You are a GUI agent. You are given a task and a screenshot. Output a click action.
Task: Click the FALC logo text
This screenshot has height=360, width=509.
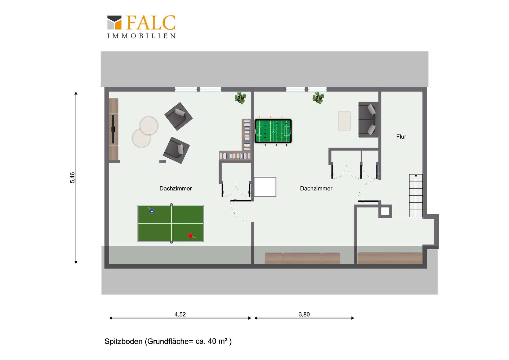(x=151, y=23)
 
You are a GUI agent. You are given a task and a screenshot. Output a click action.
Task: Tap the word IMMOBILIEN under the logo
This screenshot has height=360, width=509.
(x=142, y=36)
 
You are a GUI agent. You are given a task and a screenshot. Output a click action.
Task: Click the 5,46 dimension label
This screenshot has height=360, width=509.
(x=72, y=177)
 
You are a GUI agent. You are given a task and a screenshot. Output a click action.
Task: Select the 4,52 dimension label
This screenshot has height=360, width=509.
(x=180, y=314)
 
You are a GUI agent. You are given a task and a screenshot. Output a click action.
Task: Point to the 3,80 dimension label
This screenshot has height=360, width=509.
(x=304, y=314)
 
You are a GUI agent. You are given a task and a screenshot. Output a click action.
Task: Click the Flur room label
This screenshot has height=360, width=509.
(x=401, y=137)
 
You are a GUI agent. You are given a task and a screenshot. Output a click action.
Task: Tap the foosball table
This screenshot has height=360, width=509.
(x=273, y=131)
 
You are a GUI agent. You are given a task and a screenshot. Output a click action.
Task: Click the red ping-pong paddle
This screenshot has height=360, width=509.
(x=191, y=236)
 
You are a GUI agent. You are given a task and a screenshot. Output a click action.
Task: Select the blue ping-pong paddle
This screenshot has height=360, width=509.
(x=151, y=211)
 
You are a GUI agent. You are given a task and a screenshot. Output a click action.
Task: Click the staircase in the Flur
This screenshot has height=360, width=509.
(x=416, y=196)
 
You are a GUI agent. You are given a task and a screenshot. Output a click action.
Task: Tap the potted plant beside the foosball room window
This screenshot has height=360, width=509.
(x=318, y=98)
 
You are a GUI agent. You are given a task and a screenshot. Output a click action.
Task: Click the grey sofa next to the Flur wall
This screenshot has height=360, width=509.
(x=368, y=119)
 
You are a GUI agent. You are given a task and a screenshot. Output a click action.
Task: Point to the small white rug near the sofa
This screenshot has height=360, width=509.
(x=344, y=121)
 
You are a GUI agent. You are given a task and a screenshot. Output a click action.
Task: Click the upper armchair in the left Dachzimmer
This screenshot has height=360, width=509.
(x=178, y=116)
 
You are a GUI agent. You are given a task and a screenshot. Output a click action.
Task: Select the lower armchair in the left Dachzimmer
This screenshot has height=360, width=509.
(x=176, y=150)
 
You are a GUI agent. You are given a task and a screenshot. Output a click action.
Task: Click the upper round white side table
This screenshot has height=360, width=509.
(x=149, y=125)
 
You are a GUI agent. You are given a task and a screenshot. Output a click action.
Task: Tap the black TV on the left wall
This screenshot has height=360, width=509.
(x=113, y=129)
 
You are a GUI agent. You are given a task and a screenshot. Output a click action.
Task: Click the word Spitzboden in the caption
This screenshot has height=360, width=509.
(x=124, y=341)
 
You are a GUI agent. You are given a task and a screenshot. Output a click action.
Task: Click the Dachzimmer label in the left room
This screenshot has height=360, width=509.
(x=175, y=188)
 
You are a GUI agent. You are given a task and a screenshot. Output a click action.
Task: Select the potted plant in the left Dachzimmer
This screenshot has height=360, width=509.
(x=240, y=98)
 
